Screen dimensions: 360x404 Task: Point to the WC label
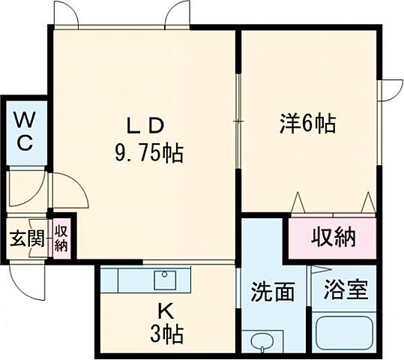coord(24,131)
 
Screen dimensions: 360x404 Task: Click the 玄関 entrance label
coord(24,241)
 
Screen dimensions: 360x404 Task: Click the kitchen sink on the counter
coord(165,280)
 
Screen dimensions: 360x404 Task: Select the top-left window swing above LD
coord(66,13)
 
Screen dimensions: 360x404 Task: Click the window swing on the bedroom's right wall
coord(390,90)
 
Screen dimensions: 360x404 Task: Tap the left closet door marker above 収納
coord(298,202)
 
